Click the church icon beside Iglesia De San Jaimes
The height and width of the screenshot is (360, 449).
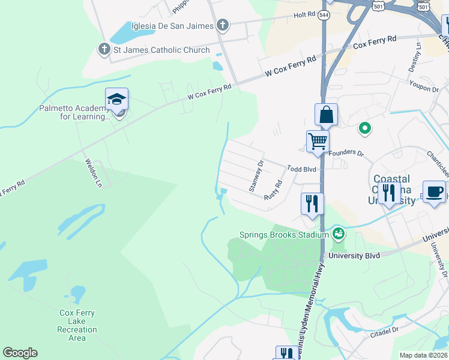click(x=223, y=25)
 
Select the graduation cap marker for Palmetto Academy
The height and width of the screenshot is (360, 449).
click(x=116, y=99)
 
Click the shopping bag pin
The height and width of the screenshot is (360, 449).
click(x=326, y=114)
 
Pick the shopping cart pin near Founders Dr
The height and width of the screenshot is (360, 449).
click(x=318, y=142)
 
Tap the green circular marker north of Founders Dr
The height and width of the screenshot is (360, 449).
click(x=364, y=128)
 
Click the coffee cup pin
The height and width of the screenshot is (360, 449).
click(x=434, y=191)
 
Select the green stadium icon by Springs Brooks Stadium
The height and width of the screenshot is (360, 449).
click(x=339, y=233)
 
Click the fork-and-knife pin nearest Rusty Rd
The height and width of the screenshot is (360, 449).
click(x=312, y=203)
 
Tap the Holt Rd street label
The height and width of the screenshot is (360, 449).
click(x=304, y=14)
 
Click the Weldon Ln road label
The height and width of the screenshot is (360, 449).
click(x=94, y=173)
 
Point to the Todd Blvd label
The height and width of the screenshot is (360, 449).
click(x=301, y=170)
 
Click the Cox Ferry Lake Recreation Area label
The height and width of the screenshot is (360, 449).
click(x=77, y=325)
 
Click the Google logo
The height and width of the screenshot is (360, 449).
click(x=20, y=353)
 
